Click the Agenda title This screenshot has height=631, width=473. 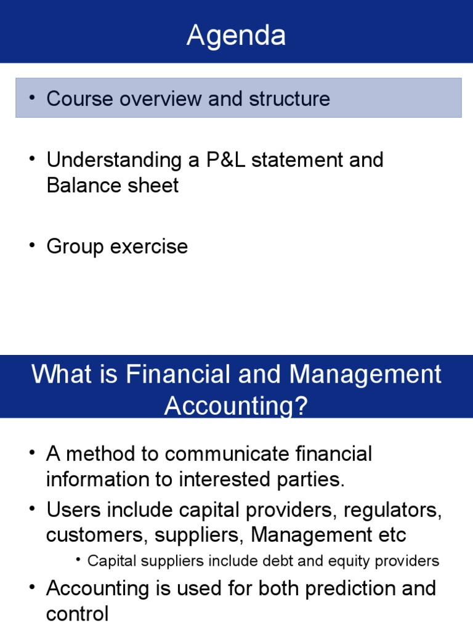click(x=236, y=36)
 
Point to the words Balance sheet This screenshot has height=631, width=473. click(x=113, y=185)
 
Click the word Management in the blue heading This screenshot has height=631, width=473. click(x=366, y=375)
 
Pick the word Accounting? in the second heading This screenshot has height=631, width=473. click(x=236, y=406)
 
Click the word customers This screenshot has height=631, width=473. click(x=96, y=535)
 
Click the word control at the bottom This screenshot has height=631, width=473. click(x=77, y=614)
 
